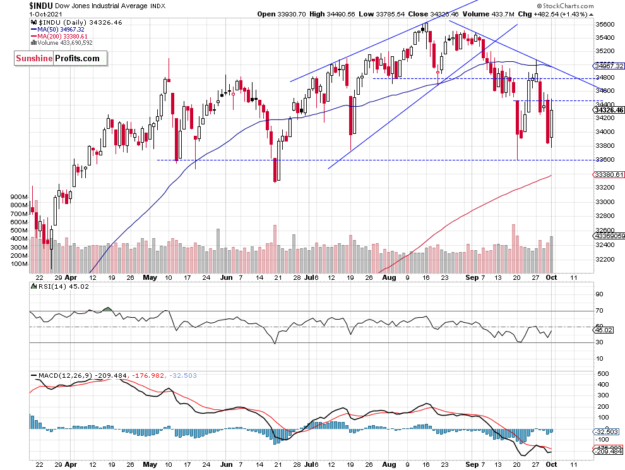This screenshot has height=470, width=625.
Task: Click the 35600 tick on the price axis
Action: pyautogui.click(x=606, y=25)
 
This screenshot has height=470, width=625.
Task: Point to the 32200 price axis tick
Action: pyautogui.click(x=606, y=260)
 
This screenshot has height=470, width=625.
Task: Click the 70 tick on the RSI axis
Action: pyautogui.click(x=600, y=311)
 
